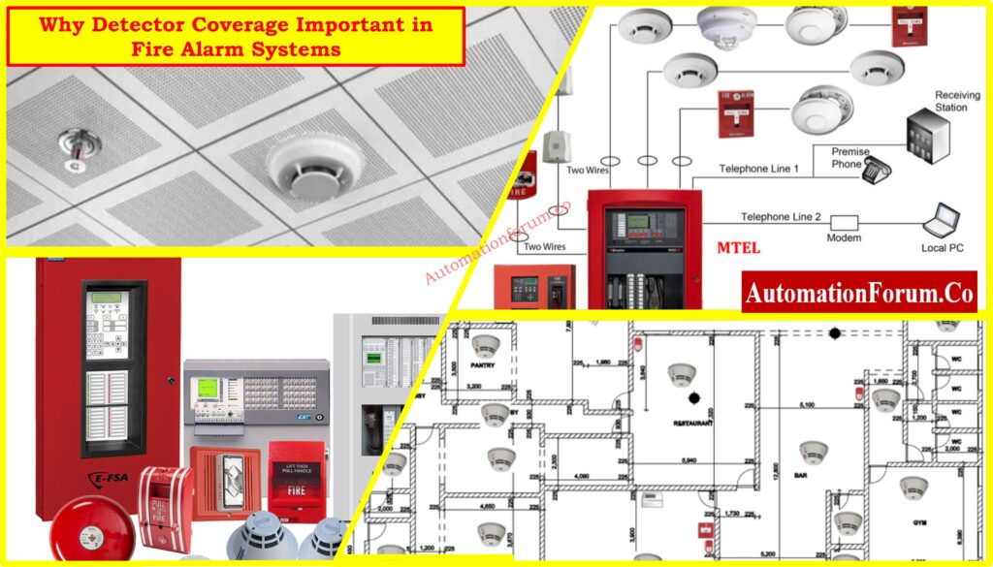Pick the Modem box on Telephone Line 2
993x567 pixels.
pyautogui.click(x=844, y=222)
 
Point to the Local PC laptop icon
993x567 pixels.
pyautogui.click(x=942, y=223)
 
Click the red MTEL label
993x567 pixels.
pyautogui.click(x=738, y=249)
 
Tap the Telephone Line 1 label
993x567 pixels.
pyautogui.click(x=758, y=170)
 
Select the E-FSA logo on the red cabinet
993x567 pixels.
pyautogui.click(x=93, y=478)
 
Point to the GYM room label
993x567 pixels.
pyautogui.click(x=920, y=522)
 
